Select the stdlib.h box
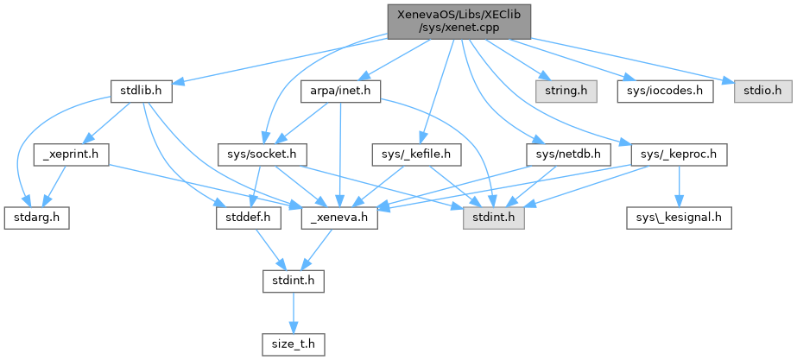[x=142, y=90]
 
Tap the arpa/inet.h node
[x=341, y=90]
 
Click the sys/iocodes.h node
[x=665, y=90]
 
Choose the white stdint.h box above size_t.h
[x=293, y=281]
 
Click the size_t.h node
[x=293, y=344]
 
